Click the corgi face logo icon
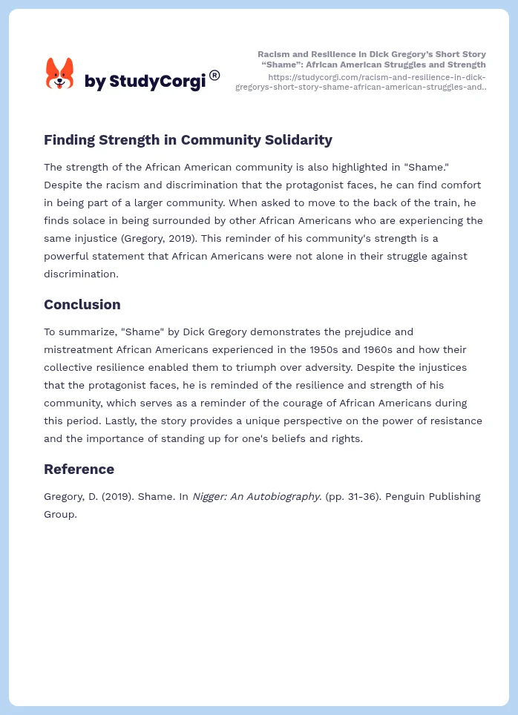pyautogui.click(x=59, y=74)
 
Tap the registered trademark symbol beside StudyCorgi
pyautogui.click(x=214, y=75)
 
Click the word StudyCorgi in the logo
pyautogui.click(x=157, y=82)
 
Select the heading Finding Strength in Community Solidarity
pyautogui.click(x=188, y=139)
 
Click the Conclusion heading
pyautogui.click(x=82, y=304)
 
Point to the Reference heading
pyautogui.click(x=79, y=469)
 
